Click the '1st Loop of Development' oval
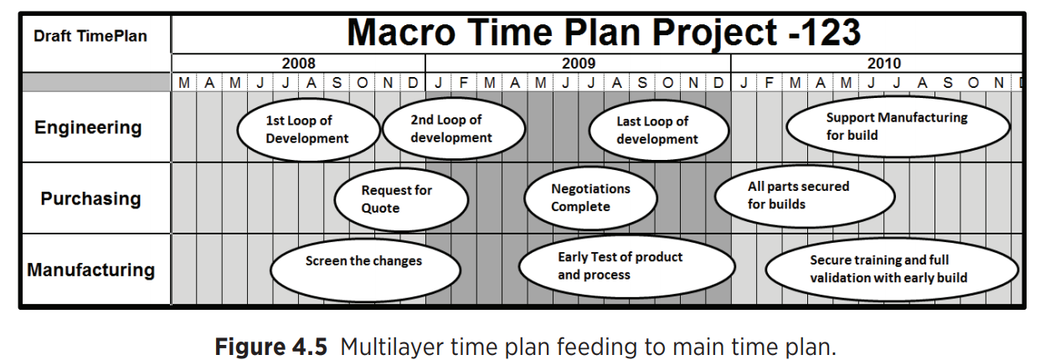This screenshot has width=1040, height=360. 308,130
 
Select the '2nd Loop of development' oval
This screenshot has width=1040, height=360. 454,128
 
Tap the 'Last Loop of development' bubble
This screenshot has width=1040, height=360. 659,131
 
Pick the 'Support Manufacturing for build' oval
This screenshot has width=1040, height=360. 898,126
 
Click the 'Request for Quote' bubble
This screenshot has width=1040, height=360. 401,199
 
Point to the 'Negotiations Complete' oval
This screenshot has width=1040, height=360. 590,198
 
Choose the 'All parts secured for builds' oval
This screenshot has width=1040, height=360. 805,196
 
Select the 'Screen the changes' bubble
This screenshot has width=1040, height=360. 365,270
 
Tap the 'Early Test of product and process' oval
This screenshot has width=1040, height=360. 627,267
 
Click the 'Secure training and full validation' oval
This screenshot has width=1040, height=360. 892,270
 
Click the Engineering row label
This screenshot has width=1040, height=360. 88,127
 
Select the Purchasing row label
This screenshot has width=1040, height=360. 90,198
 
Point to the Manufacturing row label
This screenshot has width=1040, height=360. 90,270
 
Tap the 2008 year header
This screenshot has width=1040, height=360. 299,63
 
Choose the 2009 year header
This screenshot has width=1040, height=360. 579,63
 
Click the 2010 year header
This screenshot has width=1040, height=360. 884,63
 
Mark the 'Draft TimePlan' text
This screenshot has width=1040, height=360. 90,36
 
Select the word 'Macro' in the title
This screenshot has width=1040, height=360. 401,32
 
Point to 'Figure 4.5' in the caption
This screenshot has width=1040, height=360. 271,347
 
